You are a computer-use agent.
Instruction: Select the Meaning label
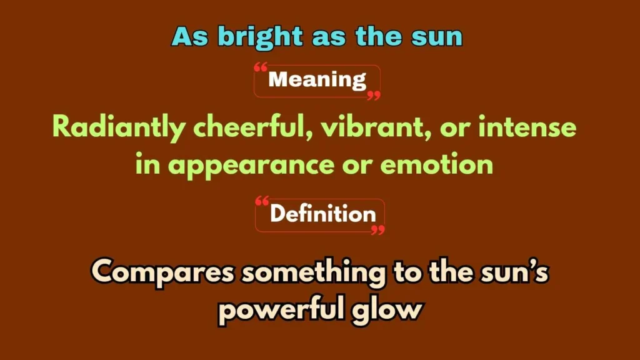tap(317, 80)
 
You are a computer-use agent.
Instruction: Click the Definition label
tap(322, 214)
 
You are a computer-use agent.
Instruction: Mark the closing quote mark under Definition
tap(377, 230)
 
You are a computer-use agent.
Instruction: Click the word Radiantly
tap(119, 128)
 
